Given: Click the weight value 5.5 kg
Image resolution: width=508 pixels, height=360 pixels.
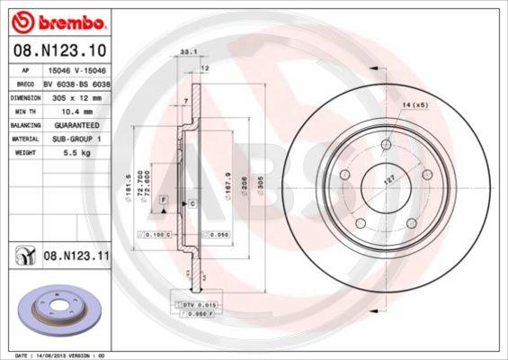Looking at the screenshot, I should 75,154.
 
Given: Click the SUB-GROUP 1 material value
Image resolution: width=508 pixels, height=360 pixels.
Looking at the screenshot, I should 76,139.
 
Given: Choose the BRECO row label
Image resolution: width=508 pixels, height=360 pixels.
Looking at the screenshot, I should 26,82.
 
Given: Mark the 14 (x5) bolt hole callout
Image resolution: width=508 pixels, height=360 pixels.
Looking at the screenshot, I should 414,106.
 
